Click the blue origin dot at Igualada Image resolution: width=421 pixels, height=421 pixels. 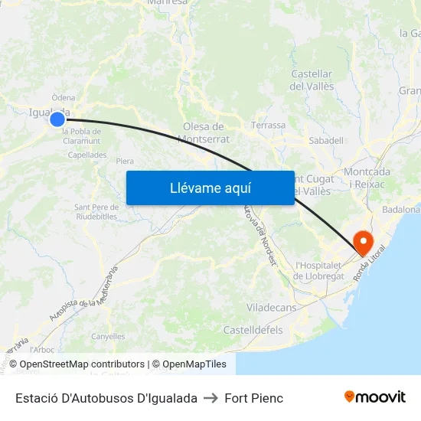click(57, 119)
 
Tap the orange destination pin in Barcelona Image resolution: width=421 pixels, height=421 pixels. click(363, 243)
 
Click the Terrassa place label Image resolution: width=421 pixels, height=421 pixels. click(268, 125)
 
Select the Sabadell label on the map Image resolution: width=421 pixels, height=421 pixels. click(325, 141)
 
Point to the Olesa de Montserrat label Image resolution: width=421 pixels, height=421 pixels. click(204, 132)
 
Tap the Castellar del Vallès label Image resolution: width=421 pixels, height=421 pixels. click(312, 80)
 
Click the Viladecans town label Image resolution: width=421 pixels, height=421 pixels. click(271, 307)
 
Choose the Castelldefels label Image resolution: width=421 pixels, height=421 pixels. click(253, 330)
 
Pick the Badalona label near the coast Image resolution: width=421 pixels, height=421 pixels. click(400, 209)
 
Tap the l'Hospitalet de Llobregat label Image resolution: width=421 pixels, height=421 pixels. click(319, 270)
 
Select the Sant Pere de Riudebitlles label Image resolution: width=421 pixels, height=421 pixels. click(96, 211)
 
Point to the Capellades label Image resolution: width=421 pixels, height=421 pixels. click(87, 155)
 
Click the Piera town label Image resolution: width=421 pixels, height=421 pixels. click(125, 162)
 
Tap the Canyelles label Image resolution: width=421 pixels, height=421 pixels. click(108, 336)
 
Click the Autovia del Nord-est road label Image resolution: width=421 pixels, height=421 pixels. click(259, 233)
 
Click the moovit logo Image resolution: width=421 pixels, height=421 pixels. click(374, 397)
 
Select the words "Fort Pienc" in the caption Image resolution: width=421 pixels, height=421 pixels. click(253, 398)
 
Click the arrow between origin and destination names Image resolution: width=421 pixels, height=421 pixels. click(210, 398)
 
